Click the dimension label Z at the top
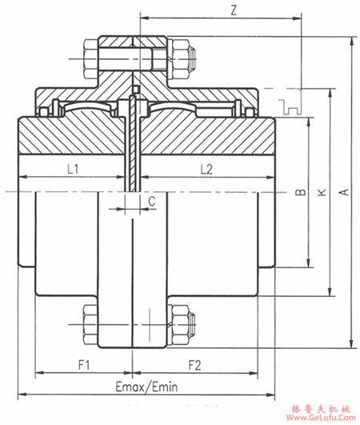pos(234,10)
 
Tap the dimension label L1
pos(73,169)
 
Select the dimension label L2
pos(206,170)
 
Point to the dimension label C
pos(152,201)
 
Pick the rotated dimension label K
pos(322,192)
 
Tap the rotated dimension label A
pos(344,192)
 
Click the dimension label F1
pos(84,365)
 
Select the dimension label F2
pos(194,365)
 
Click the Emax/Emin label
pos(146,387)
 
